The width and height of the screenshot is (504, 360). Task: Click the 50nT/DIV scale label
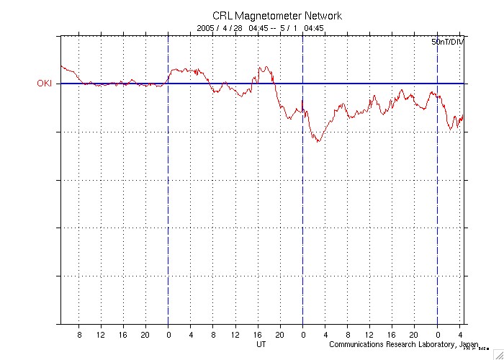coord(448,43)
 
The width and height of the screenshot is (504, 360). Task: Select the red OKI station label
coord(45,84)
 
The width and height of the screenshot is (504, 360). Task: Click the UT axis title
coord(261,344)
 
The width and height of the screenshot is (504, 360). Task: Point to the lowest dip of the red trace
coord(318,142)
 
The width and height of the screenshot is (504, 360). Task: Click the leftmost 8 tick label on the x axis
coord(79,334)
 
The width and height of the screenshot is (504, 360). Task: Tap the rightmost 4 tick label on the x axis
coord(459,334)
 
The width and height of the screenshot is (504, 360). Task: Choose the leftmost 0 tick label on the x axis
coord(168,334)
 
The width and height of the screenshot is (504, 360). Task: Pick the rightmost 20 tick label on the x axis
coord(414,334)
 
